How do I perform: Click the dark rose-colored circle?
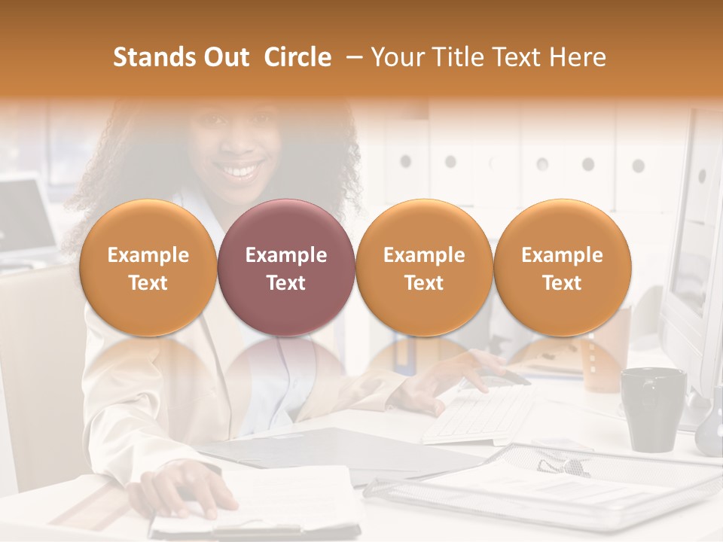click(x=285, y=268)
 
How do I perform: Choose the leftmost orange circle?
click(x=148, y=268)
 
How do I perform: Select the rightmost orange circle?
click(x=562, y=268)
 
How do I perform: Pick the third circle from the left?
click(x=424, y=268)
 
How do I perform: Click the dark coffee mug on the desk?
click(x=651, y=407)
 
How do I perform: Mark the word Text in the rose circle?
click(x=285, y=283)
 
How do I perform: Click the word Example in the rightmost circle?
click(x=562, y=255)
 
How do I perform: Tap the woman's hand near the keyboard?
click(x=444, y=376)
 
